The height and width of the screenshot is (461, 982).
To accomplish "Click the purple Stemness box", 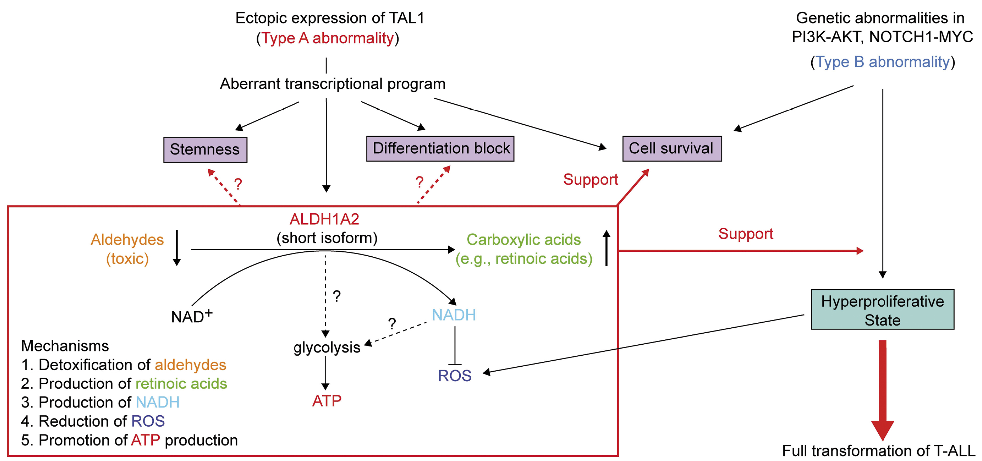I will [x=205, y=149].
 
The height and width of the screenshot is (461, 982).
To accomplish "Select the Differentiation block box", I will [x=440, y=148].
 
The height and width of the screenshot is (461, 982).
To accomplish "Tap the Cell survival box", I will [x=672, y=148].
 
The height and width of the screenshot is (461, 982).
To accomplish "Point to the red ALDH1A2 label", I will [x=324, y=219].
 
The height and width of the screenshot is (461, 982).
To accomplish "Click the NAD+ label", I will [x=191, y=316].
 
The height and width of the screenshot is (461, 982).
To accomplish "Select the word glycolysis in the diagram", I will [x=327, y=348].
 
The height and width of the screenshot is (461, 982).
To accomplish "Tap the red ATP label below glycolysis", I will [x=327, y=401].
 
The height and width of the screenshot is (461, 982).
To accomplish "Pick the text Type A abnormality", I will [x=327, y=38].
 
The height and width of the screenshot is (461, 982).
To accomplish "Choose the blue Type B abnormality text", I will [x=882, y=62].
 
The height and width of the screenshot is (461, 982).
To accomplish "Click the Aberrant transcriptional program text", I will [x=332, y=84].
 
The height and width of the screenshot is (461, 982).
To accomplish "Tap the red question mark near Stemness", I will [x=238, y=184].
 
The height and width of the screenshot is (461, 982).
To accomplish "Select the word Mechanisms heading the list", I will [x=65, y=346].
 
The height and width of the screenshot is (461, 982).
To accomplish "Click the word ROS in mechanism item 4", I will [x=148, y=421].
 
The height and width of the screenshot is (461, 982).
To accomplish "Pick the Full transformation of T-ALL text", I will [x=878, y=451].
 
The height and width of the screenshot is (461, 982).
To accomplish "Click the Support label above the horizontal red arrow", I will [x=746, y=234].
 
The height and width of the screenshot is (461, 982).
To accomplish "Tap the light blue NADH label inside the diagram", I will [x=454, y=315].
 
